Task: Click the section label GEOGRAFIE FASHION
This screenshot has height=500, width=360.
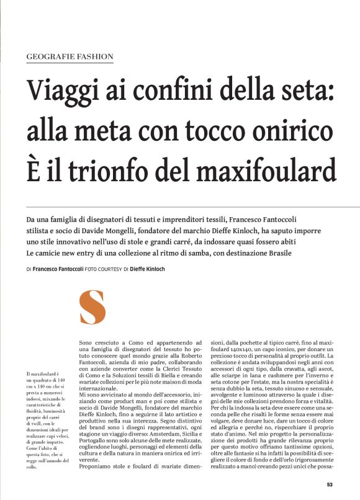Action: (70, 56)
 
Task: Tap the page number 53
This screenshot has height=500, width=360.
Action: (330, 485)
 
